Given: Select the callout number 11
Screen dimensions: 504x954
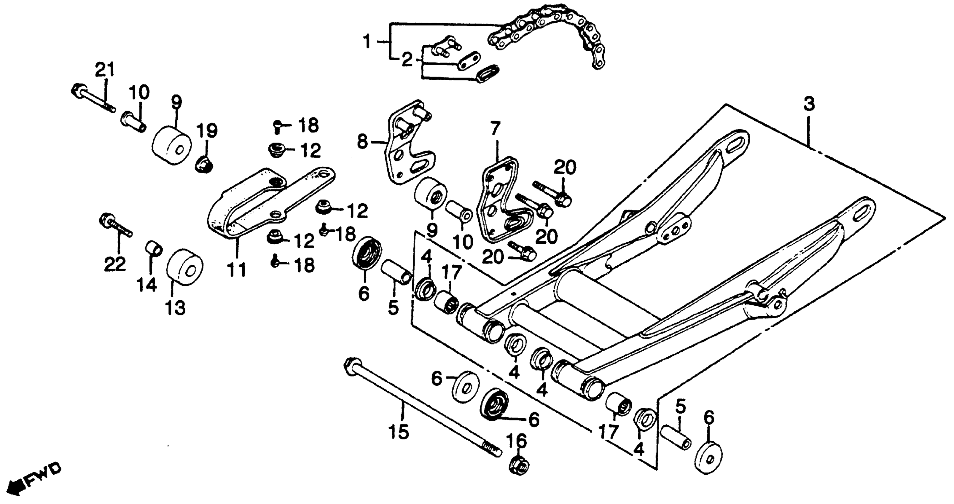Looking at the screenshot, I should (237, 270).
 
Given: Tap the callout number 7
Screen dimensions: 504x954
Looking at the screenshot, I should (495, 128).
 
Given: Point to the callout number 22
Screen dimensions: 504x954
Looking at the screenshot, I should (115, 264).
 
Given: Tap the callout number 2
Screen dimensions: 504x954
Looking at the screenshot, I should (407, 60).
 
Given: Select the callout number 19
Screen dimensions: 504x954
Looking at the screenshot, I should (207, 130).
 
